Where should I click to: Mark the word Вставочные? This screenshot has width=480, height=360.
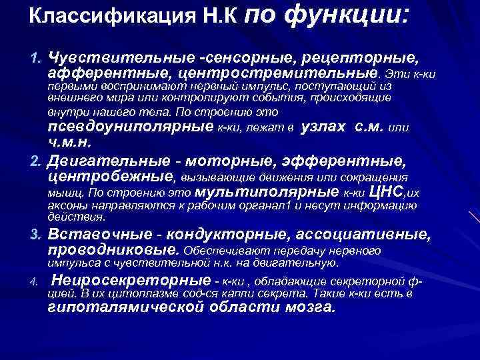point(93,236)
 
